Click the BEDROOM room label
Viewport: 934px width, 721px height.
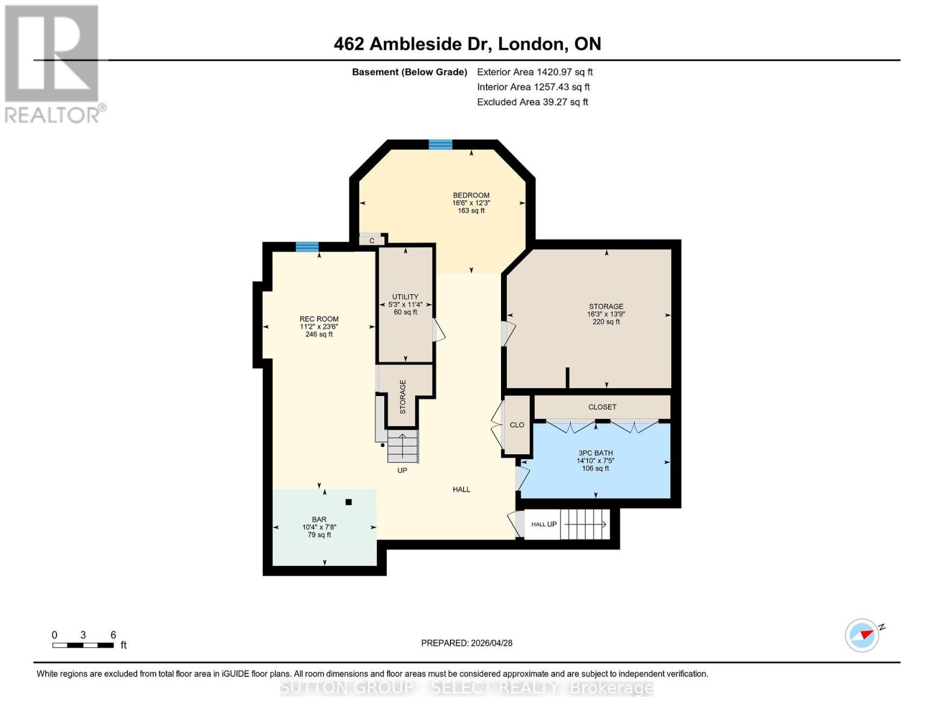(471, 195)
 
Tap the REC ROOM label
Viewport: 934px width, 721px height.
(319, 319)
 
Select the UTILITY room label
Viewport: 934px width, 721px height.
(405, 297)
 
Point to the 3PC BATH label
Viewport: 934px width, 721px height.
(595, 453)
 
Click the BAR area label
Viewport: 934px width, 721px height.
(319, 519)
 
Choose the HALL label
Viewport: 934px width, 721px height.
(461, 490)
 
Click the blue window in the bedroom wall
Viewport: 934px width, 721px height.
(440, 144)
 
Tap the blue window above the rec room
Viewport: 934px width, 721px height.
(307, 246)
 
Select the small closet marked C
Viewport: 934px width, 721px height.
(372, 240)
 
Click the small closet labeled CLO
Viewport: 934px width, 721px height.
(517, 425)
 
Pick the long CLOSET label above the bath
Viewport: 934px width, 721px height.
(602, 407)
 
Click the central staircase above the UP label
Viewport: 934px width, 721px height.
(402, 446)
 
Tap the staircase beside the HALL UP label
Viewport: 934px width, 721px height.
(585, 524)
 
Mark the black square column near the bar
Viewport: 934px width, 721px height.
(348, 502)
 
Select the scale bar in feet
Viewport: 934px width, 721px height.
(83, 645)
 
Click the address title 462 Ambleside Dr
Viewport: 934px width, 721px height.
(467, 44)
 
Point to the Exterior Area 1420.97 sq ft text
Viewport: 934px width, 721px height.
(535, 72)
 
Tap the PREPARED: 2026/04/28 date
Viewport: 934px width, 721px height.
(467, 643)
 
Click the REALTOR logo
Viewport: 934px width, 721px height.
(53, 63)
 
